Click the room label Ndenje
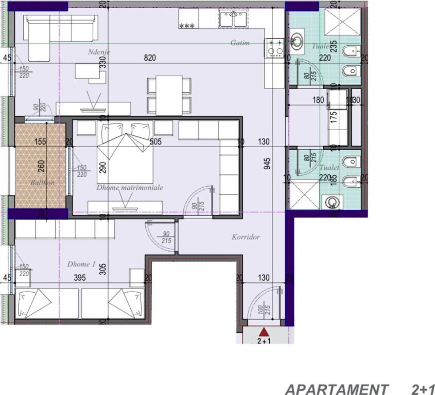[x=99, y=52]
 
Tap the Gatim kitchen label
[x=240, y=43]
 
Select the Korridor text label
[x=246, y=237]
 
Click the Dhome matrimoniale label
[x=130, y=188]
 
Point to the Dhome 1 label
[x=81, y=264]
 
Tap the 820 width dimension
[x=149, y=58]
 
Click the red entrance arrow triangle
[x=264, y=332]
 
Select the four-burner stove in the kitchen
[x=274, y=48]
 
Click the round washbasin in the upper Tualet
[x=298, y=41]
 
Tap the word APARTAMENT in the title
[x=337, y=388]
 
